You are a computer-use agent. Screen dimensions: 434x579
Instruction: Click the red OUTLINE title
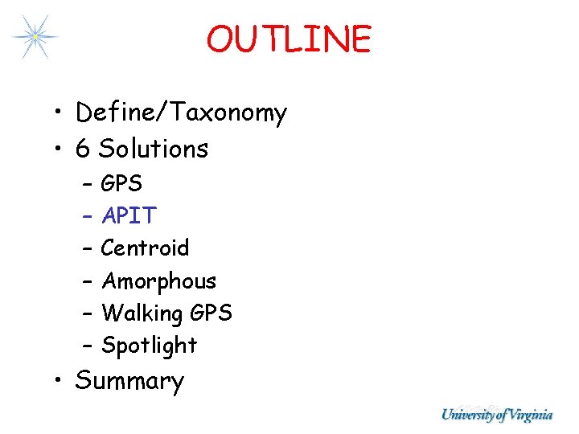(289, 39)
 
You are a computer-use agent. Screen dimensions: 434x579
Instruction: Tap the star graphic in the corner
(35, 36)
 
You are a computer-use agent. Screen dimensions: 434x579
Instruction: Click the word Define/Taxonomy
(181, 113)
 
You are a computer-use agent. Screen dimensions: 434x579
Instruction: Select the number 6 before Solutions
(82, 149)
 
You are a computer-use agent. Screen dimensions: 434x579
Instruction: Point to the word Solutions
(153, 149)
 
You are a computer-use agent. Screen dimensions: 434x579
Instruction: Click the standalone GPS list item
(122, 184)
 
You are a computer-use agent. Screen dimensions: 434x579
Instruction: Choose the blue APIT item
(129, 215)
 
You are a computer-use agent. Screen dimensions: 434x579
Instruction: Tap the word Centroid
(146, 248)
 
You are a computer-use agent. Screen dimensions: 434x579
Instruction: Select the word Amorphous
(159, 281)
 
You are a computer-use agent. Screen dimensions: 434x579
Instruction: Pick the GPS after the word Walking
(211, 313)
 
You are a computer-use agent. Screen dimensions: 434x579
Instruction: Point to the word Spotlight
(150, 346)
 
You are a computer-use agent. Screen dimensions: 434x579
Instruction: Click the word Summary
(129, 381)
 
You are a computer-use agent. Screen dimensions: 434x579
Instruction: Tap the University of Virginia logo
(496, 415)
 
